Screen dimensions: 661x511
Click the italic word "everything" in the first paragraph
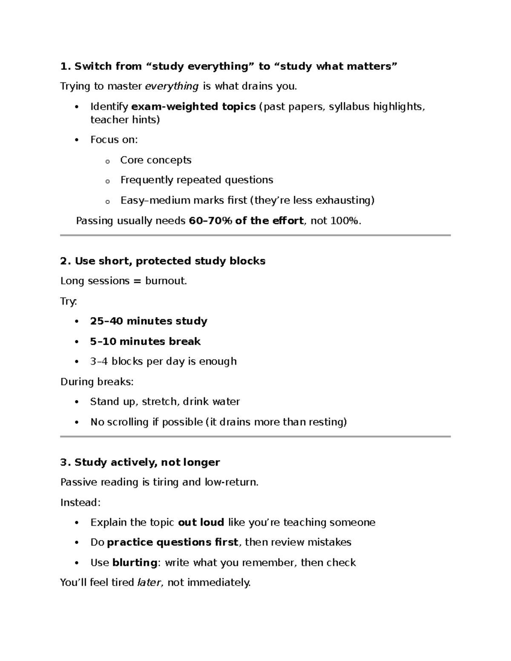coord(172,86)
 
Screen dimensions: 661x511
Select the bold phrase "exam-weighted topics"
coord(193,106)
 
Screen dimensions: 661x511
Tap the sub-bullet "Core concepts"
coord(156,160)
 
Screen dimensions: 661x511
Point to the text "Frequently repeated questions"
coord(197,180)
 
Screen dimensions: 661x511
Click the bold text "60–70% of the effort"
coord(246,220)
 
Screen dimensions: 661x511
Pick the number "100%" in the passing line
coord(347,220)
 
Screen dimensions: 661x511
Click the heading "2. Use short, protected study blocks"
coord(163,261)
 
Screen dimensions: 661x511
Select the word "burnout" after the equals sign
coord(165,281)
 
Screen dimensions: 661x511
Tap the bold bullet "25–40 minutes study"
coord(149,321)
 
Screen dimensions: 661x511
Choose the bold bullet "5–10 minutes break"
coord(145,341)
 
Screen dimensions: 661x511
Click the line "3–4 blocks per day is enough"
coord(163,361)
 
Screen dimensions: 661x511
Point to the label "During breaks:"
coord(97,382)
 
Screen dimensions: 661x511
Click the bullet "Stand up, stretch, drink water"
coord(165,402)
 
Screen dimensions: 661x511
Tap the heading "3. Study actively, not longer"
coord(140,462)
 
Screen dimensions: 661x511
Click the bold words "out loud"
coord(201,522)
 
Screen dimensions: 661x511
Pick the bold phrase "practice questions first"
coord(172,542)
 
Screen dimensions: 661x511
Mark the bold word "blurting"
coord(135,563)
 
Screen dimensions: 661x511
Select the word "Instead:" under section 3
coord(80,503)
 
